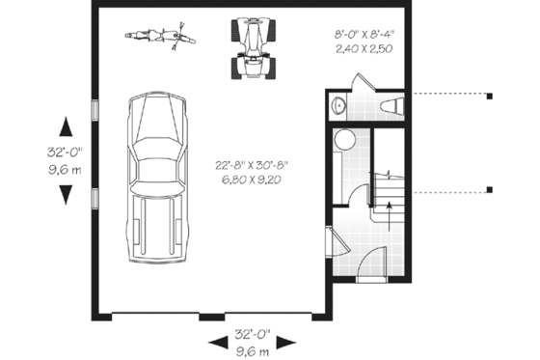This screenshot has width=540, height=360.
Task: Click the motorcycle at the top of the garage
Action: point(160,38)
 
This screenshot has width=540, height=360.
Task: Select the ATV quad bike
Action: point(254,48)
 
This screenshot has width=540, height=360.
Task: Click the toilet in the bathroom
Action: point(392,105)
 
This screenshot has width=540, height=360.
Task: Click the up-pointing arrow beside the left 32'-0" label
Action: point(65,125)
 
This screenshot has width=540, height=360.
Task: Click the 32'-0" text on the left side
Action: point(65,152)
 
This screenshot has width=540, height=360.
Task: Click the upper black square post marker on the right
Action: point(490,96)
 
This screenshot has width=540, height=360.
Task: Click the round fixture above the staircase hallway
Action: point(343,142)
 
